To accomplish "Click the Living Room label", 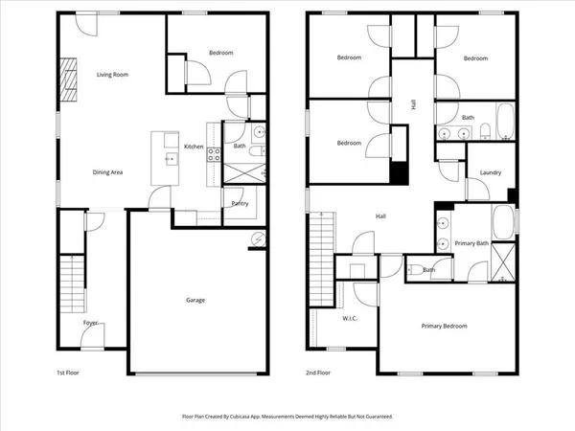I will [112, 75].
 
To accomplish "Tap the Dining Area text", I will [107, 172].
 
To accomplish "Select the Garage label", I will [195, 300].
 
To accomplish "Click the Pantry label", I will [240, 203].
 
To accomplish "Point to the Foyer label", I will [90, 324].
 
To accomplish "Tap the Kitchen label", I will [194, 147].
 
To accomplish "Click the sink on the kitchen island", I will [171, 156].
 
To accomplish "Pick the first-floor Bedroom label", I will [220, 54].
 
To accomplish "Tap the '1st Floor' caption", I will [66, 372].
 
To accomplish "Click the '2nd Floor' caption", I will [318, 372].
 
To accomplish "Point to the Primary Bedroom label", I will [445, 327].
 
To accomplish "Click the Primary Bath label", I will [471, 243].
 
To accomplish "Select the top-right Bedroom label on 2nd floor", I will [476, 58].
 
